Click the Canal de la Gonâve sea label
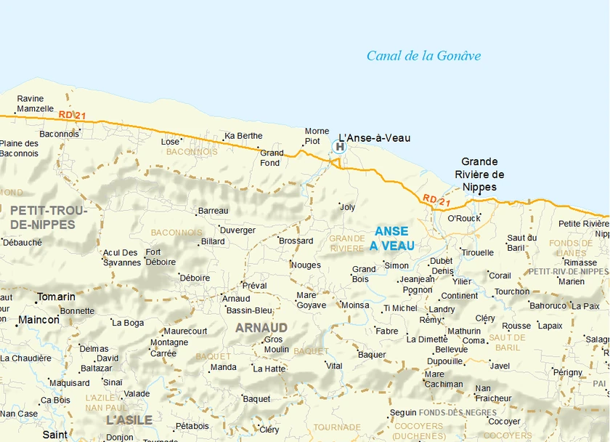[423, 56]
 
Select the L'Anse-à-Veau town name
[375, 138]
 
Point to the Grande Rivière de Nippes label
[479, 174]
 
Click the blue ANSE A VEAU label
[392, 238]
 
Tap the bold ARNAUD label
[261, 328]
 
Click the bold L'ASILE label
[129, 420]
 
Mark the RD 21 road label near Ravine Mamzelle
[73, 115]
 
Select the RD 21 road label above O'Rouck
[437, 200]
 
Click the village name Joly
[348, 207]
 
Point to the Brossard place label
[296, 241]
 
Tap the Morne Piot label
[317, 136]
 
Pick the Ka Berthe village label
[244, 136]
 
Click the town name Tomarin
[56, 297]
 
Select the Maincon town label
[39, 320]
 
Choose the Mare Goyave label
[311, 300]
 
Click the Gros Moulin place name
[276, 345]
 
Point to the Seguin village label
[403, 413]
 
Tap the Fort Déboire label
[160, 257]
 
